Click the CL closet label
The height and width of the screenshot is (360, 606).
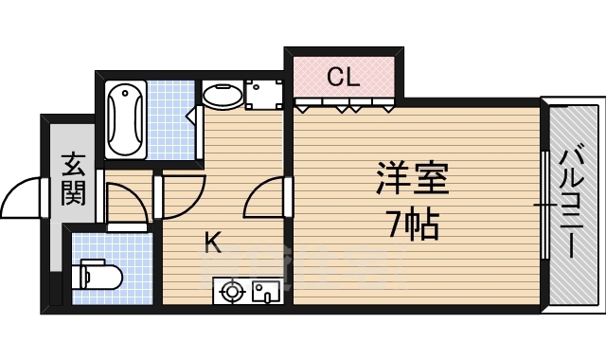tap(343, 77)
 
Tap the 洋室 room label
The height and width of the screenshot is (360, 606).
tap(413, 178)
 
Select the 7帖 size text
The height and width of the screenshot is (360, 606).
tap(413, 225)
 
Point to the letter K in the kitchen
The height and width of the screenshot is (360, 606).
tap(212, 243)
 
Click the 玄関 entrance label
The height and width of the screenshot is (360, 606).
tap(73, 179)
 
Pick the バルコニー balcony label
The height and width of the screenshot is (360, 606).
tap(573, 200)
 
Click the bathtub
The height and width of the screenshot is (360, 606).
tap(126, 119)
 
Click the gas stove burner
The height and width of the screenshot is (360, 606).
tap(231, 291)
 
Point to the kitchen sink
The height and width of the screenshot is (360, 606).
tap(266, 291)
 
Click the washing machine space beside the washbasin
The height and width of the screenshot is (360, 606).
tap(264, 95)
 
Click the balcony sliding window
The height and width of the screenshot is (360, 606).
tap(545, 204)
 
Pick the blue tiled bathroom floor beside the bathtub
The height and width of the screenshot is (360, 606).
tap(170, 119)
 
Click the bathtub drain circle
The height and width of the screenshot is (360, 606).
tap(125, 93)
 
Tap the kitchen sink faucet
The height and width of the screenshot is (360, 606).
tap(268, 297)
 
